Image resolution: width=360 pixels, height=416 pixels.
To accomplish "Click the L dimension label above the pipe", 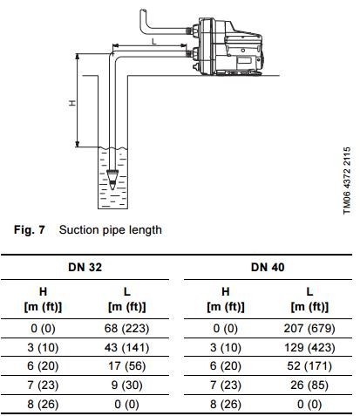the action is tap(154, 42).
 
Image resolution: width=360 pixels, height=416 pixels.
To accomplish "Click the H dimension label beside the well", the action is tap(72, 103).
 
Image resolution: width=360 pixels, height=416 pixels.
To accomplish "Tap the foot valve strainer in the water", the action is tap(112, 180).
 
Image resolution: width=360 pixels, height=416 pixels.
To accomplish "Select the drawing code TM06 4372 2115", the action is tap(347, 181).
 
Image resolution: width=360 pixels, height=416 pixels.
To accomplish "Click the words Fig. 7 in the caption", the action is tap(30, 229).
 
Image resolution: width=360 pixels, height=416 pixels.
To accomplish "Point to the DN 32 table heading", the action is tap(85, 267).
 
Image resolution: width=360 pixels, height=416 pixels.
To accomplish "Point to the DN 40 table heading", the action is tap(268, 267).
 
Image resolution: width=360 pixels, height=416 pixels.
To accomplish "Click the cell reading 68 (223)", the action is tap(126, 329).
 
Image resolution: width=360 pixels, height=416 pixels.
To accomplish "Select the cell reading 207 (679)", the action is tap(309, 329).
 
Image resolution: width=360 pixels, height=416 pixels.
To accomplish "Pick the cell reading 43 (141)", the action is tap(126, 347).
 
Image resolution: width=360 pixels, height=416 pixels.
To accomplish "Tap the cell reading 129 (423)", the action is tap(309, 347).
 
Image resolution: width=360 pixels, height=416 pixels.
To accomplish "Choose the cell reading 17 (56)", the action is tap(126, 366).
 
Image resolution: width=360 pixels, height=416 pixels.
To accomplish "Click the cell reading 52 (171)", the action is tap(309, 366).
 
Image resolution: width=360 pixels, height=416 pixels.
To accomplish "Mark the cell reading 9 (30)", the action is tap(126, 385).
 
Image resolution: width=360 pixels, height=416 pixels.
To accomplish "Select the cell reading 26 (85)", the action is tap(309, 385).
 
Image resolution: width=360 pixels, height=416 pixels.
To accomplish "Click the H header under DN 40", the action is tap(226, 291).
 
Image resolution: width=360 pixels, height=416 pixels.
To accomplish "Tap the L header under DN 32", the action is tap(127, 291).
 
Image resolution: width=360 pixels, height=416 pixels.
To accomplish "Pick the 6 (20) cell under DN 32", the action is tap(43, 366).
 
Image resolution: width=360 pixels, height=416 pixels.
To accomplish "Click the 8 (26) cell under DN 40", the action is tap(226, 404).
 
